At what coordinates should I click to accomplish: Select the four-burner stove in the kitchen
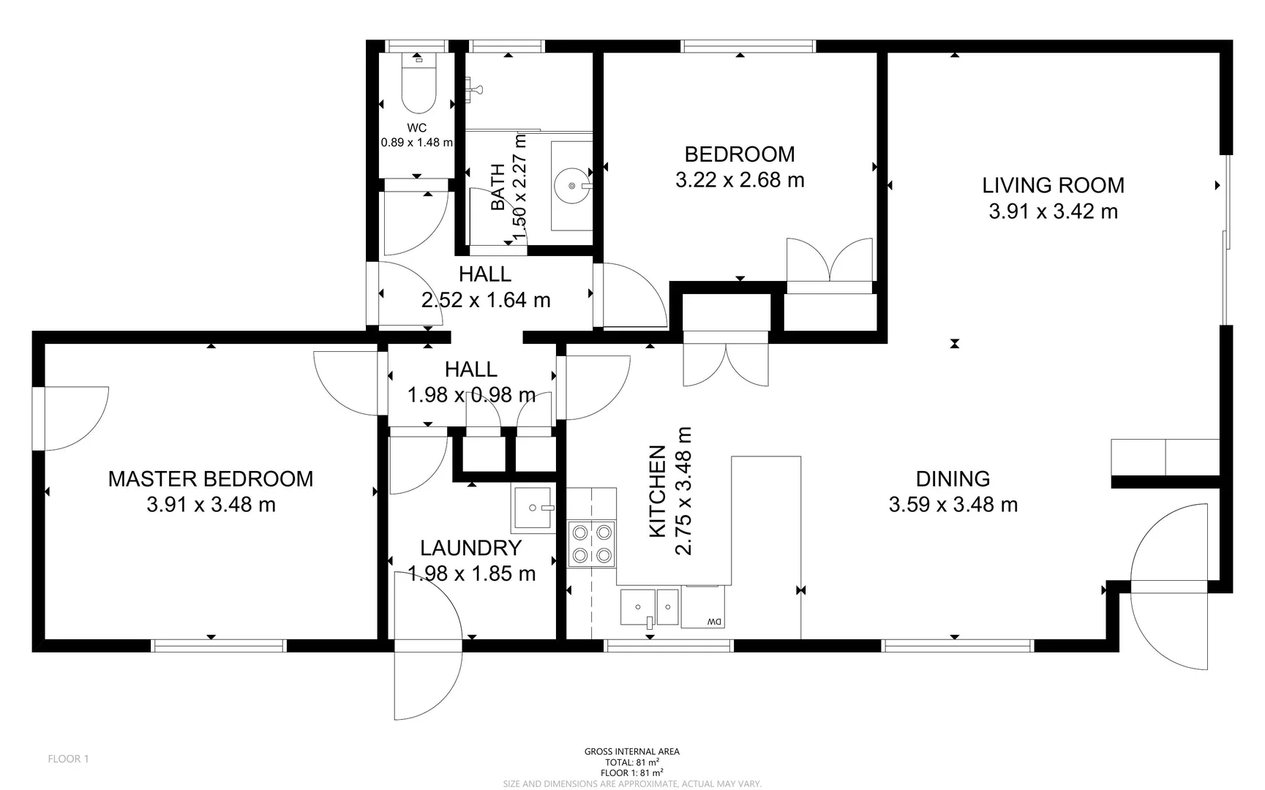(x=591, y=543)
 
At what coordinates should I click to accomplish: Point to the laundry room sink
(x=532, y=508)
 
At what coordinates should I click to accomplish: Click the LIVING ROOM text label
(x=1052, y=186)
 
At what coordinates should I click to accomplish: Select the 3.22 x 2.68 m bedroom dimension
(x=739, y=180)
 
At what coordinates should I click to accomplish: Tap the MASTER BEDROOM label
(x=211, y=479)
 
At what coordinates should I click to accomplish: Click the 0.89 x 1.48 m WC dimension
(x=416, y=143)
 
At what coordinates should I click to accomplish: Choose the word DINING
(x=953, y=479)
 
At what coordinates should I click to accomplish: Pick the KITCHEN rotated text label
(x=658, y=491)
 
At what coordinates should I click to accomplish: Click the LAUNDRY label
(x=470, y=548)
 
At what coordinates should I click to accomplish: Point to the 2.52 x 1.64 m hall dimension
(x=485, y=300)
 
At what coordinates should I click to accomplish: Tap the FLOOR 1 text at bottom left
(x=68, y=759)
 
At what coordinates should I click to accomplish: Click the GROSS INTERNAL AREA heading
(x=631, y=751)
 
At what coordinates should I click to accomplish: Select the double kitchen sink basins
(x=650, y=606)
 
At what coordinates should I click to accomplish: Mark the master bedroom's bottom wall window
(x=218, y=645)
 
